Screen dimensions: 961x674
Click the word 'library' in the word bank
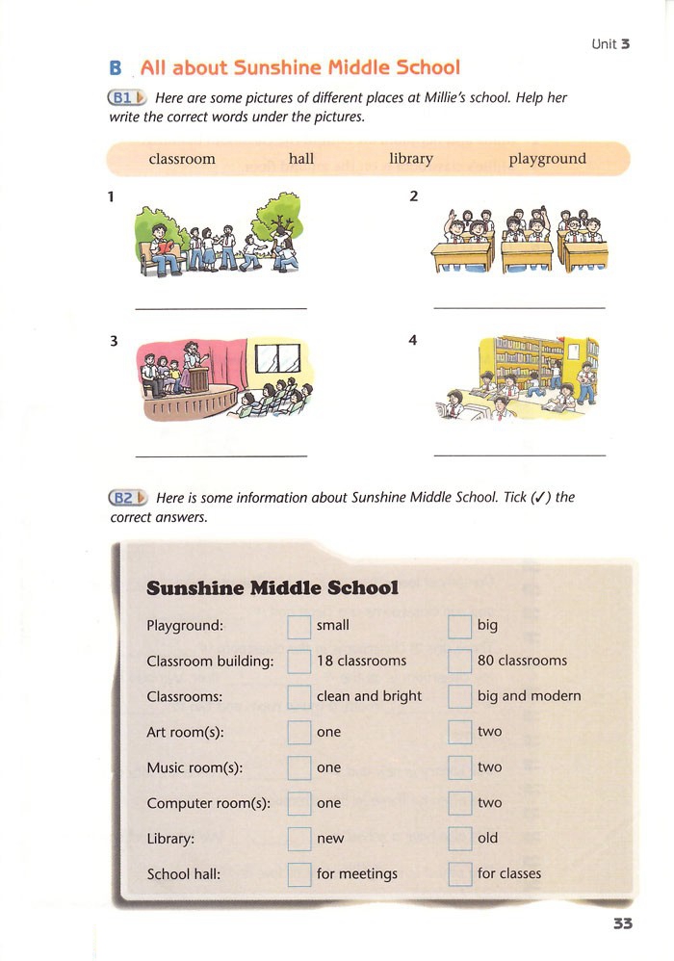pos(411,159)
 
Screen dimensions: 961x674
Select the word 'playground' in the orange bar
pos(547,159)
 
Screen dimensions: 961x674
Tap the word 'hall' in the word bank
pos(301,159)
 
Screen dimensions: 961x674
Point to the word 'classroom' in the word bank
pos(182,159)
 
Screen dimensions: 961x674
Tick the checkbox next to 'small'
pos(299,626)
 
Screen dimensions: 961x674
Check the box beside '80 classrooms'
pos(460,662)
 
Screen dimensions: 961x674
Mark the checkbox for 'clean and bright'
pos(299,697)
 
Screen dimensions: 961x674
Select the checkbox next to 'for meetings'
pos(299,874)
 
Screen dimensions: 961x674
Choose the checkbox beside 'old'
pos(460,839)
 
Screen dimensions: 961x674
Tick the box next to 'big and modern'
pos(460,697)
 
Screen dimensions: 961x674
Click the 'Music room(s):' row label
pos(194,767)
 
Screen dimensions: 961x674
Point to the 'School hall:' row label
pos(183,874)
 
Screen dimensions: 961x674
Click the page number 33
pos(622,923)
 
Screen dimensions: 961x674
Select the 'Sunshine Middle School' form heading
pos(272,587)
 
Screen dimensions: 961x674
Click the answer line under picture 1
pos(221,308)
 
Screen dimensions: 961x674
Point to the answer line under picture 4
pos(520,455)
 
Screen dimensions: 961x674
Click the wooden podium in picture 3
pos(197,377)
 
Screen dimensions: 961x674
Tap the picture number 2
pos(414,196)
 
